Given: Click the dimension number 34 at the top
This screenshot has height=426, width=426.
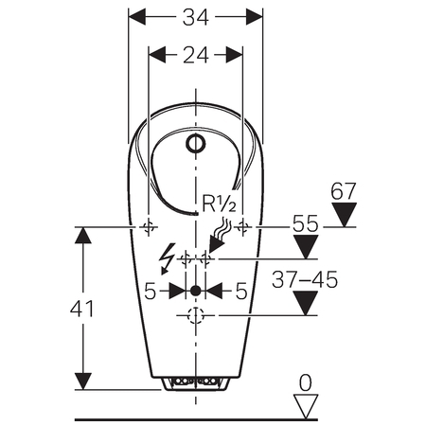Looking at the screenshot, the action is click(196, 17).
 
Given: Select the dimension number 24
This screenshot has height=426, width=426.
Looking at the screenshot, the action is click(196, 55).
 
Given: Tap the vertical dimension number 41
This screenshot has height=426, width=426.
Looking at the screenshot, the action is click(82, 309).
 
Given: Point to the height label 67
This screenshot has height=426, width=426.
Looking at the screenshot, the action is click(344, 191).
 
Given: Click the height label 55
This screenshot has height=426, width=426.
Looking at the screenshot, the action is click(305, 223).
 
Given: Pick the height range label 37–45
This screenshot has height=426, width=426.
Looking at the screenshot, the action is click(305, 279).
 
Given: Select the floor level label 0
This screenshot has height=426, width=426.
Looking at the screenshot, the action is click(305, 382).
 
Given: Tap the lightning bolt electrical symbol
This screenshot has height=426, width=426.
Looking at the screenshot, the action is click(168, 258).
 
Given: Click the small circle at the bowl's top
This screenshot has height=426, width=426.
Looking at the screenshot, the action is click(196, 143).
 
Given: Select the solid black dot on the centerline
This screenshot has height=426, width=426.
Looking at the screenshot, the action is click(196, 291).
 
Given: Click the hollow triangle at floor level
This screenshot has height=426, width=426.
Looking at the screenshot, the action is click(306, 406).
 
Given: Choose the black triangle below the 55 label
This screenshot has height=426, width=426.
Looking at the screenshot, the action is click(306, 247).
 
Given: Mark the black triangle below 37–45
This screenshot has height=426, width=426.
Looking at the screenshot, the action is click(305, 303).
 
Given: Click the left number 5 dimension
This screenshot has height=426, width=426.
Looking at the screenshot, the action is click(151, 291).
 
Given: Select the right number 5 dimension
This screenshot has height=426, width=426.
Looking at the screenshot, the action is click(241, 291).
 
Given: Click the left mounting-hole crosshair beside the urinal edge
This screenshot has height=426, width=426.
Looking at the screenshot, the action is click(149, 226).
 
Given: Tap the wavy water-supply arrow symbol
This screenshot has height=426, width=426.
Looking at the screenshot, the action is click(220, 235).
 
